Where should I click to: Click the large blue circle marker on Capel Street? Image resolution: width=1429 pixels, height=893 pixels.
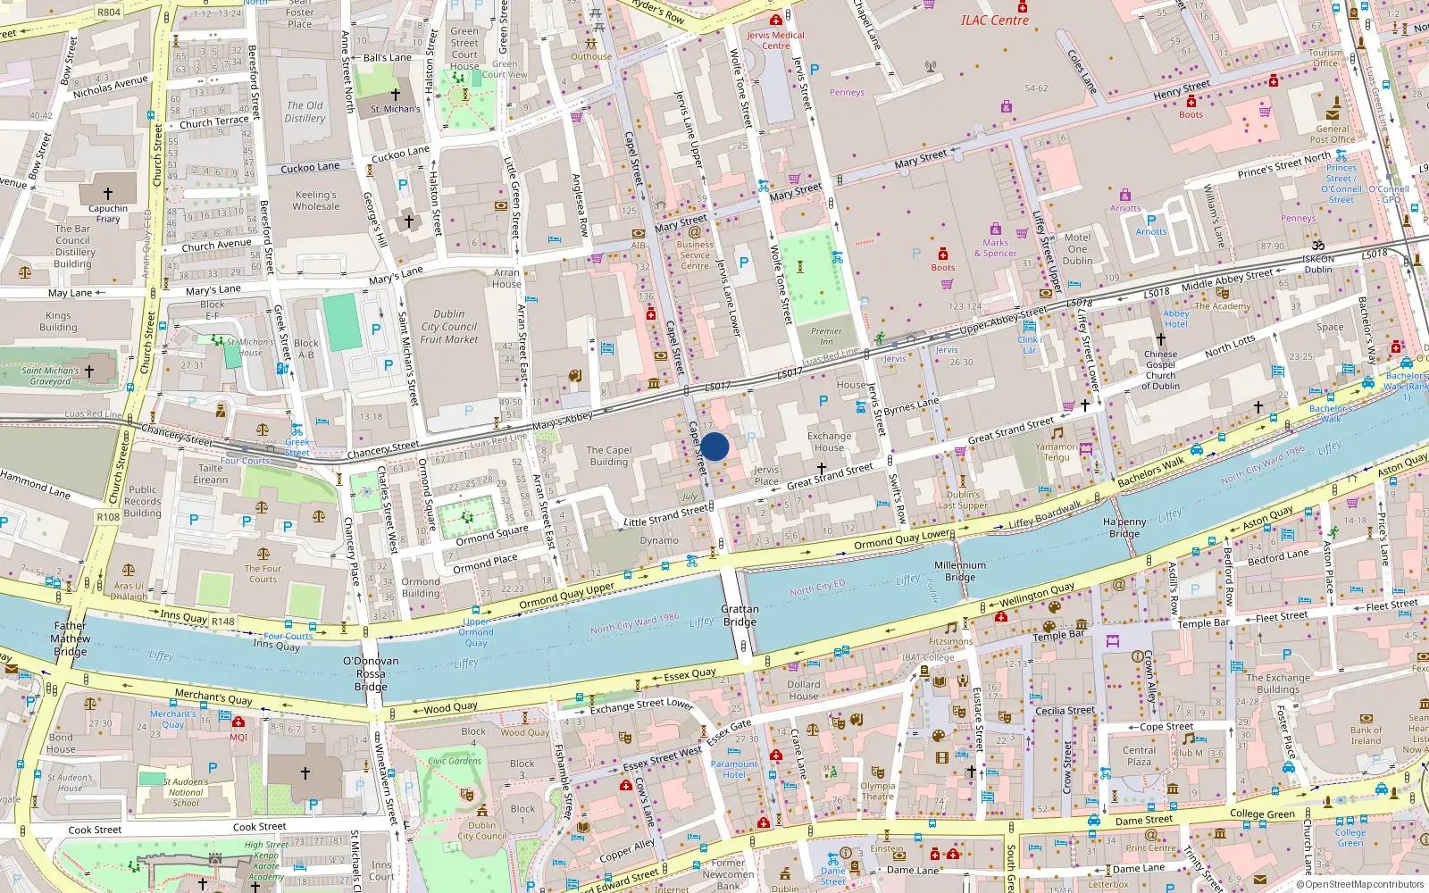click(x=714, y=446)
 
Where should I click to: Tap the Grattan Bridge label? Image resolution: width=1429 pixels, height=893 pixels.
click(x=740, y=615)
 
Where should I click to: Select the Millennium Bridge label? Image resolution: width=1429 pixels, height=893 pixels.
click(x=960, y=571)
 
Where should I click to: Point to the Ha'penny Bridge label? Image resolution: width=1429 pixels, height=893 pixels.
click(x=1124, y=527)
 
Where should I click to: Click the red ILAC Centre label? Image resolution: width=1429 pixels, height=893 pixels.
click(x=994, y=20)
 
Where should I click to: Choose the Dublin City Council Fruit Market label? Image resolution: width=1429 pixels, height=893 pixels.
click(x=448, y=327)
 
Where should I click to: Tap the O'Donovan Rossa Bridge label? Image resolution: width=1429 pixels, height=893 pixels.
click(x=371, y=673)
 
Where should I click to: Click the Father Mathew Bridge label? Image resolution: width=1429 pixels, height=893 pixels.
click(x=70, y=638)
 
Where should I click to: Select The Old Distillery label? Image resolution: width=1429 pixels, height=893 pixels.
click(x=305, y=112)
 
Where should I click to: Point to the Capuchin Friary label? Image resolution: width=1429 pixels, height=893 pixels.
click(x=108, y=213)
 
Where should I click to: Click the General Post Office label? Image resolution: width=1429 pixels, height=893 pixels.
click(x=1332, y=134)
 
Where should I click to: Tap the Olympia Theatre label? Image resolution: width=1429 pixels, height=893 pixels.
click(x=877, y=791)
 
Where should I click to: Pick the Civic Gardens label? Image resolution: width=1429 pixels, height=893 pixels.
click(x=454, y=761)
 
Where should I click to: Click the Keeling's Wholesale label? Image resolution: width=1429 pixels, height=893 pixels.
click(x=316, y=200)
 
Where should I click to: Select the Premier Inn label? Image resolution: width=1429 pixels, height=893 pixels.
click(x=826, y=336)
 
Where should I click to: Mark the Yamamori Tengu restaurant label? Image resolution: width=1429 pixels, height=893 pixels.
click(x=1057, y=452)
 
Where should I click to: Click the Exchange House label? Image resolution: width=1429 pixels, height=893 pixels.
click(x=829, y=442)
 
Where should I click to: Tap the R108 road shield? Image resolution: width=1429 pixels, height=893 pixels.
click(x=108, y=517)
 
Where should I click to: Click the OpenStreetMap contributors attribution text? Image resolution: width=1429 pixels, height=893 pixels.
click(x=1359, y=884)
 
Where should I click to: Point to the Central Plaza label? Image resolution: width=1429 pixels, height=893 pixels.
click(x=1139, y=755)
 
